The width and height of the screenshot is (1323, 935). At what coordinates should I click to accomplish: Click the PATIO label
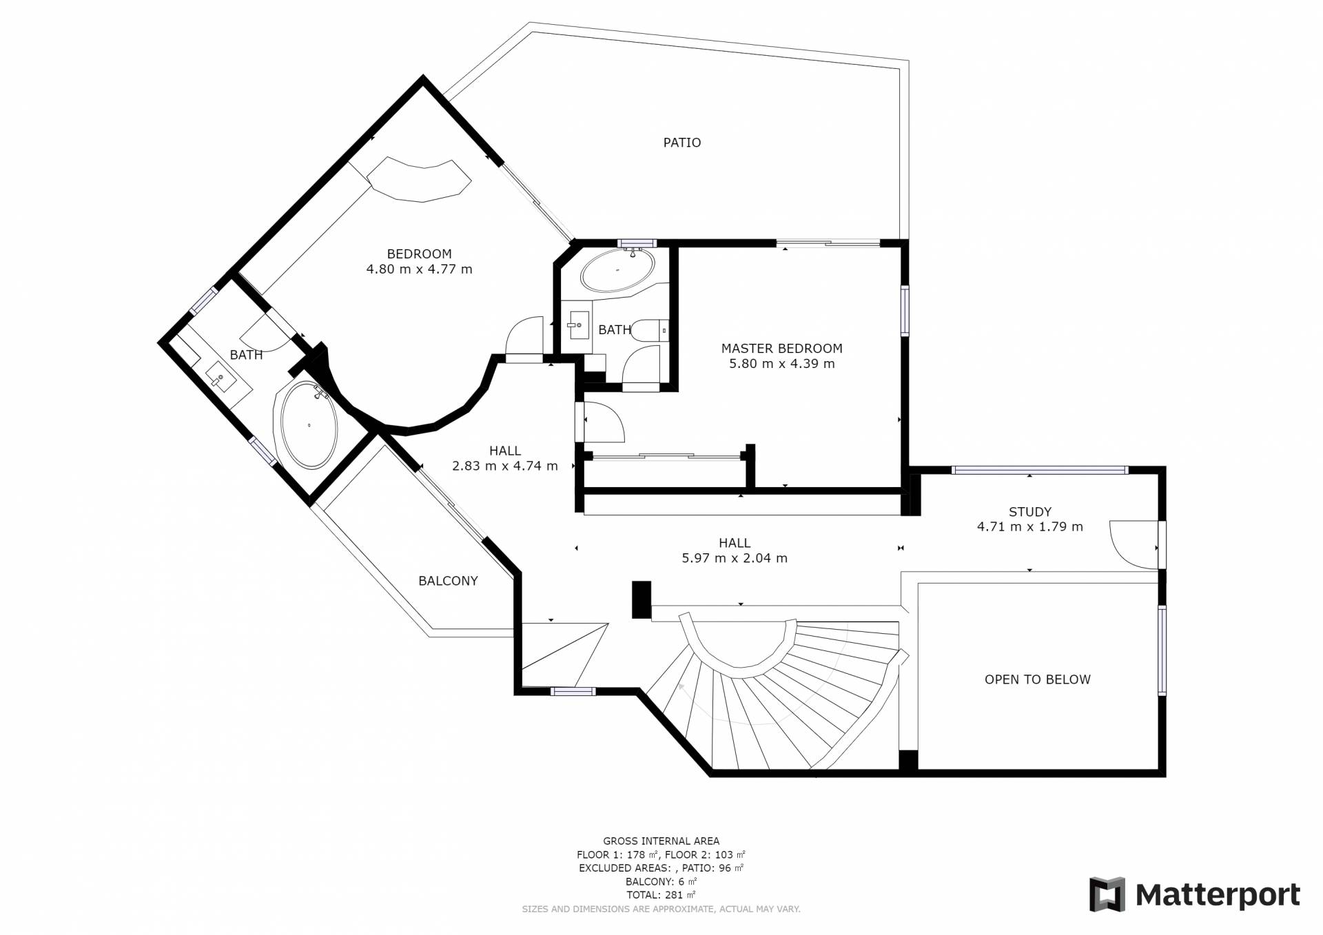(681, 143)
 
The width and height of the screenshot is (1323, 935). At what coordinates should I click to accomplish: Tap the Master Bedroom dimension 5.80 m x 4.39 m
(781, 364)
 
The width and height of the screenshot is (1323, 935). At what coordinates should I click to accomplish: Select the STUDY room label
(1029, 512)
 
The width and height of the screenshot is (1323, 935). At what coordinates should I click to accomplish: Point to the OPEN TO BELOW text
(1037, 679)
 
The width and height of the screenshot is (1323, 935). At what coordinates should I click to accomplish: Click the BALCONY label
(448, 581)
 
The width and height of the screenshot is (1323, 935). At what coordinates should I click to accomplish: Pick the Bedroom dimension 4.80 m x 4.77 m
(419, 269)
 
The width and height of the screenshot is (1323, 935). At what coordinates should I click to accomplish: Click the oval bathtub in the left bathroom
(307, 424)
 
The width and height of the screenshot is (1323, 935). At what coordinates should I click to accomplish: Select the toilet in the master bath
(650, 331)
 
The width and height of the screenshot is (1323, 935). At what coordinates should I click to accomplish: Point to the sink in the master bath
(579, 325)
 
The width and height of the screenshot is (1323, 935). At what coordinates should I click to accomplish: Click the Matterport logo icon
(1107, 894)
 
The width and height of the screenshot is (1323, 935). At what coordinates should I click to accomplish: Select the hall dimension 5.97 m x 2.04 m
(735, 559)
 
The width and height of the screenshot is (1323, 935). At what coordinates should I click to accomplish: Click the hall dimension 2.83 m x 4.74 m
(505, 466)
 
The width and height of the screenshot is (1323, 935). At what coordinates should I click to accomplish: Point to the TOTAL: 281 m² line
(661, 895)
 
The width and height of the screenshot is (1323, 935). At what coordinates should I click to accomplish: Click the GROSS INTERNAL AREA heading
(661, 841)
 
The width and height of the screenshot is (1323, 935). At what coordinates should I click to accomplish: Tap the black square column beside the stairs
(642, 600)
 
